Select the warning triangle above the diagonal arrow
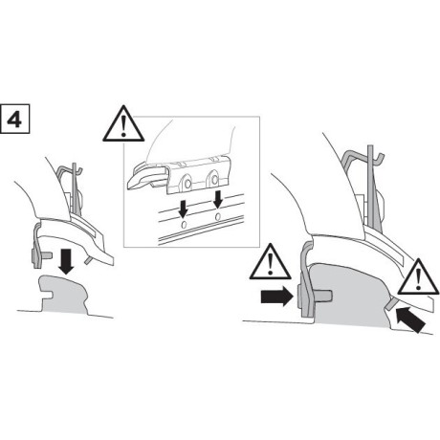point(416,278)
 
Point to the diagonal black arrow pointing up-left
point(409,318)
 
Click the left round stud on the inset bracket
point(185,182)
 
